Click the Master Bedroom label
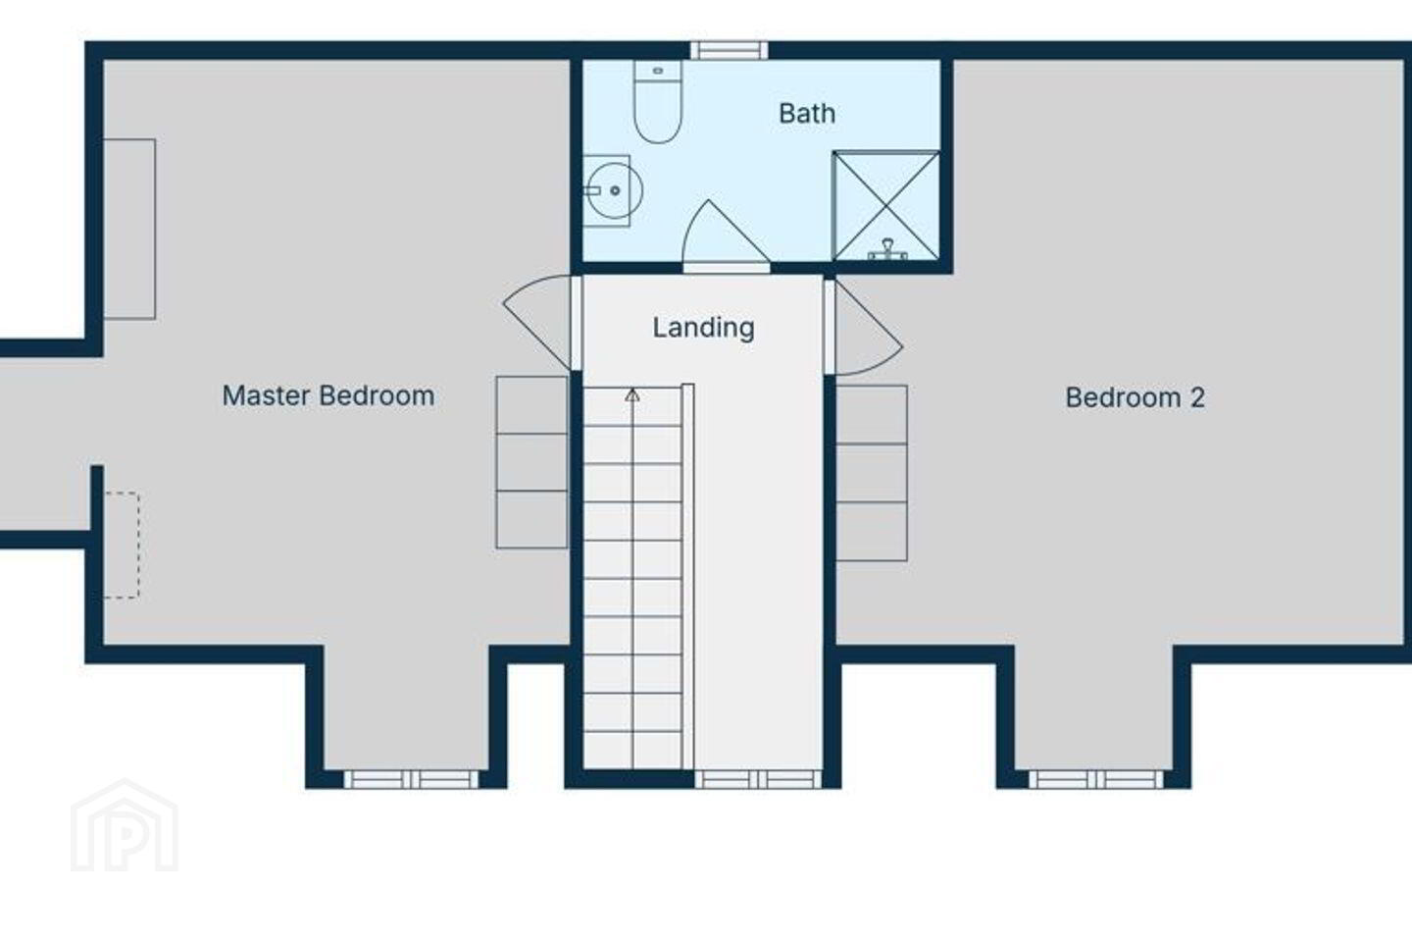[328, 396]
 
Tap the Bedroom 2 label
[1135, 397]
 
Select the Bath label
[808, 114]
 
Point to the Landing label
[703, 328]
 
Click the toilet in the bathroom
[657, 101]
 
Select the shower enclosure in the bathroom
[886, 206]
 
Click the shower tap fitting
[887, 249]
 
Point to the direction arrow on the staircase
[632, 395]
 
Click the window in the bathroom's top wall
[730, 50]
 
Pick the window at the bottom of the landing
[758, 779]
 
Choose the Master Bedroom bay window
[411, 779]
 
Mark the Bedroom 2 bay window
[1096, 779]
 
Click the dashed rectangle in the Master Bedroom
[122, 545]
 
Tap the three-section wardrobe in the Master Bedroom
[532, 462]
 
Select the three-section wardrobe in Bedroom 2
[872, 473]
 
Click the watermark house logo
[125, 825]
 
